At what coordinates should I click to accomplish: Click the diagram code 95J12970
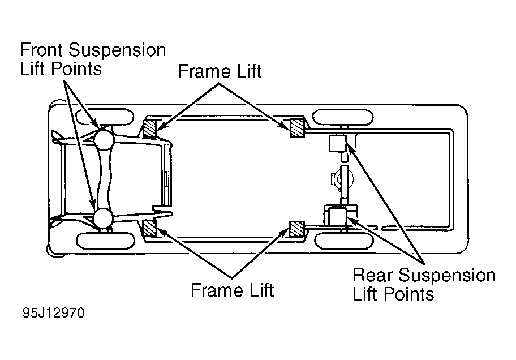click(54, 312)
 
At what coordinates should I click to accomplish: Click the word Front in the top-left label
click(41, 50)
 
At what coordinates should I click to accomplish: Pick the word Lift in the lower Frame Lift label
click(261, 290)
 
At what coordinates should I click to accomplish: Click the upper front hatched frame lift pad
click(150, 128)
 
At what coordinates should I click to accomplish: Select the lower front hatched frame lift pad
click(150, 228)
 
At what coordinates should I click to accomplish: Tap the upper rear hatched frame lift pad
click(297, 128)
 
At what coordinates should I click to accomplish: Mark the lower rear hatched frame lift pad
click(297, 229)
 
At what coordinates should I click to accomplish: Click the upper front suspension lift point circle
click(104, 139)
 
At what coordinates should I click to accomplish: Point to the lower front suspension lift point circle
click(103, 218)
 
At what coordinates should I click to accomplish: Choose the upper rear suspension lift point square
click(338, 144)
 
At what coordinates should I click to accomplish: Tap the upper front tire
click(105, 117)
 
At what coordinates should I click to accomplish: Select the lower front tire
click(106, 241)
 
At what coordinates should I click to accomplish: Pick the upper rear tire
click(342, 117)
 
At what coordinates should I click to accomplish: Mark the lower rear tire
click(344, 241)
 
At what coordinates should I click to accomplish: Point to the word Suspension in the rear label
click(447, 275)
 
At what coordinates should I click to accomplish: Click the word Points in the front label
click(76, 69)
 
